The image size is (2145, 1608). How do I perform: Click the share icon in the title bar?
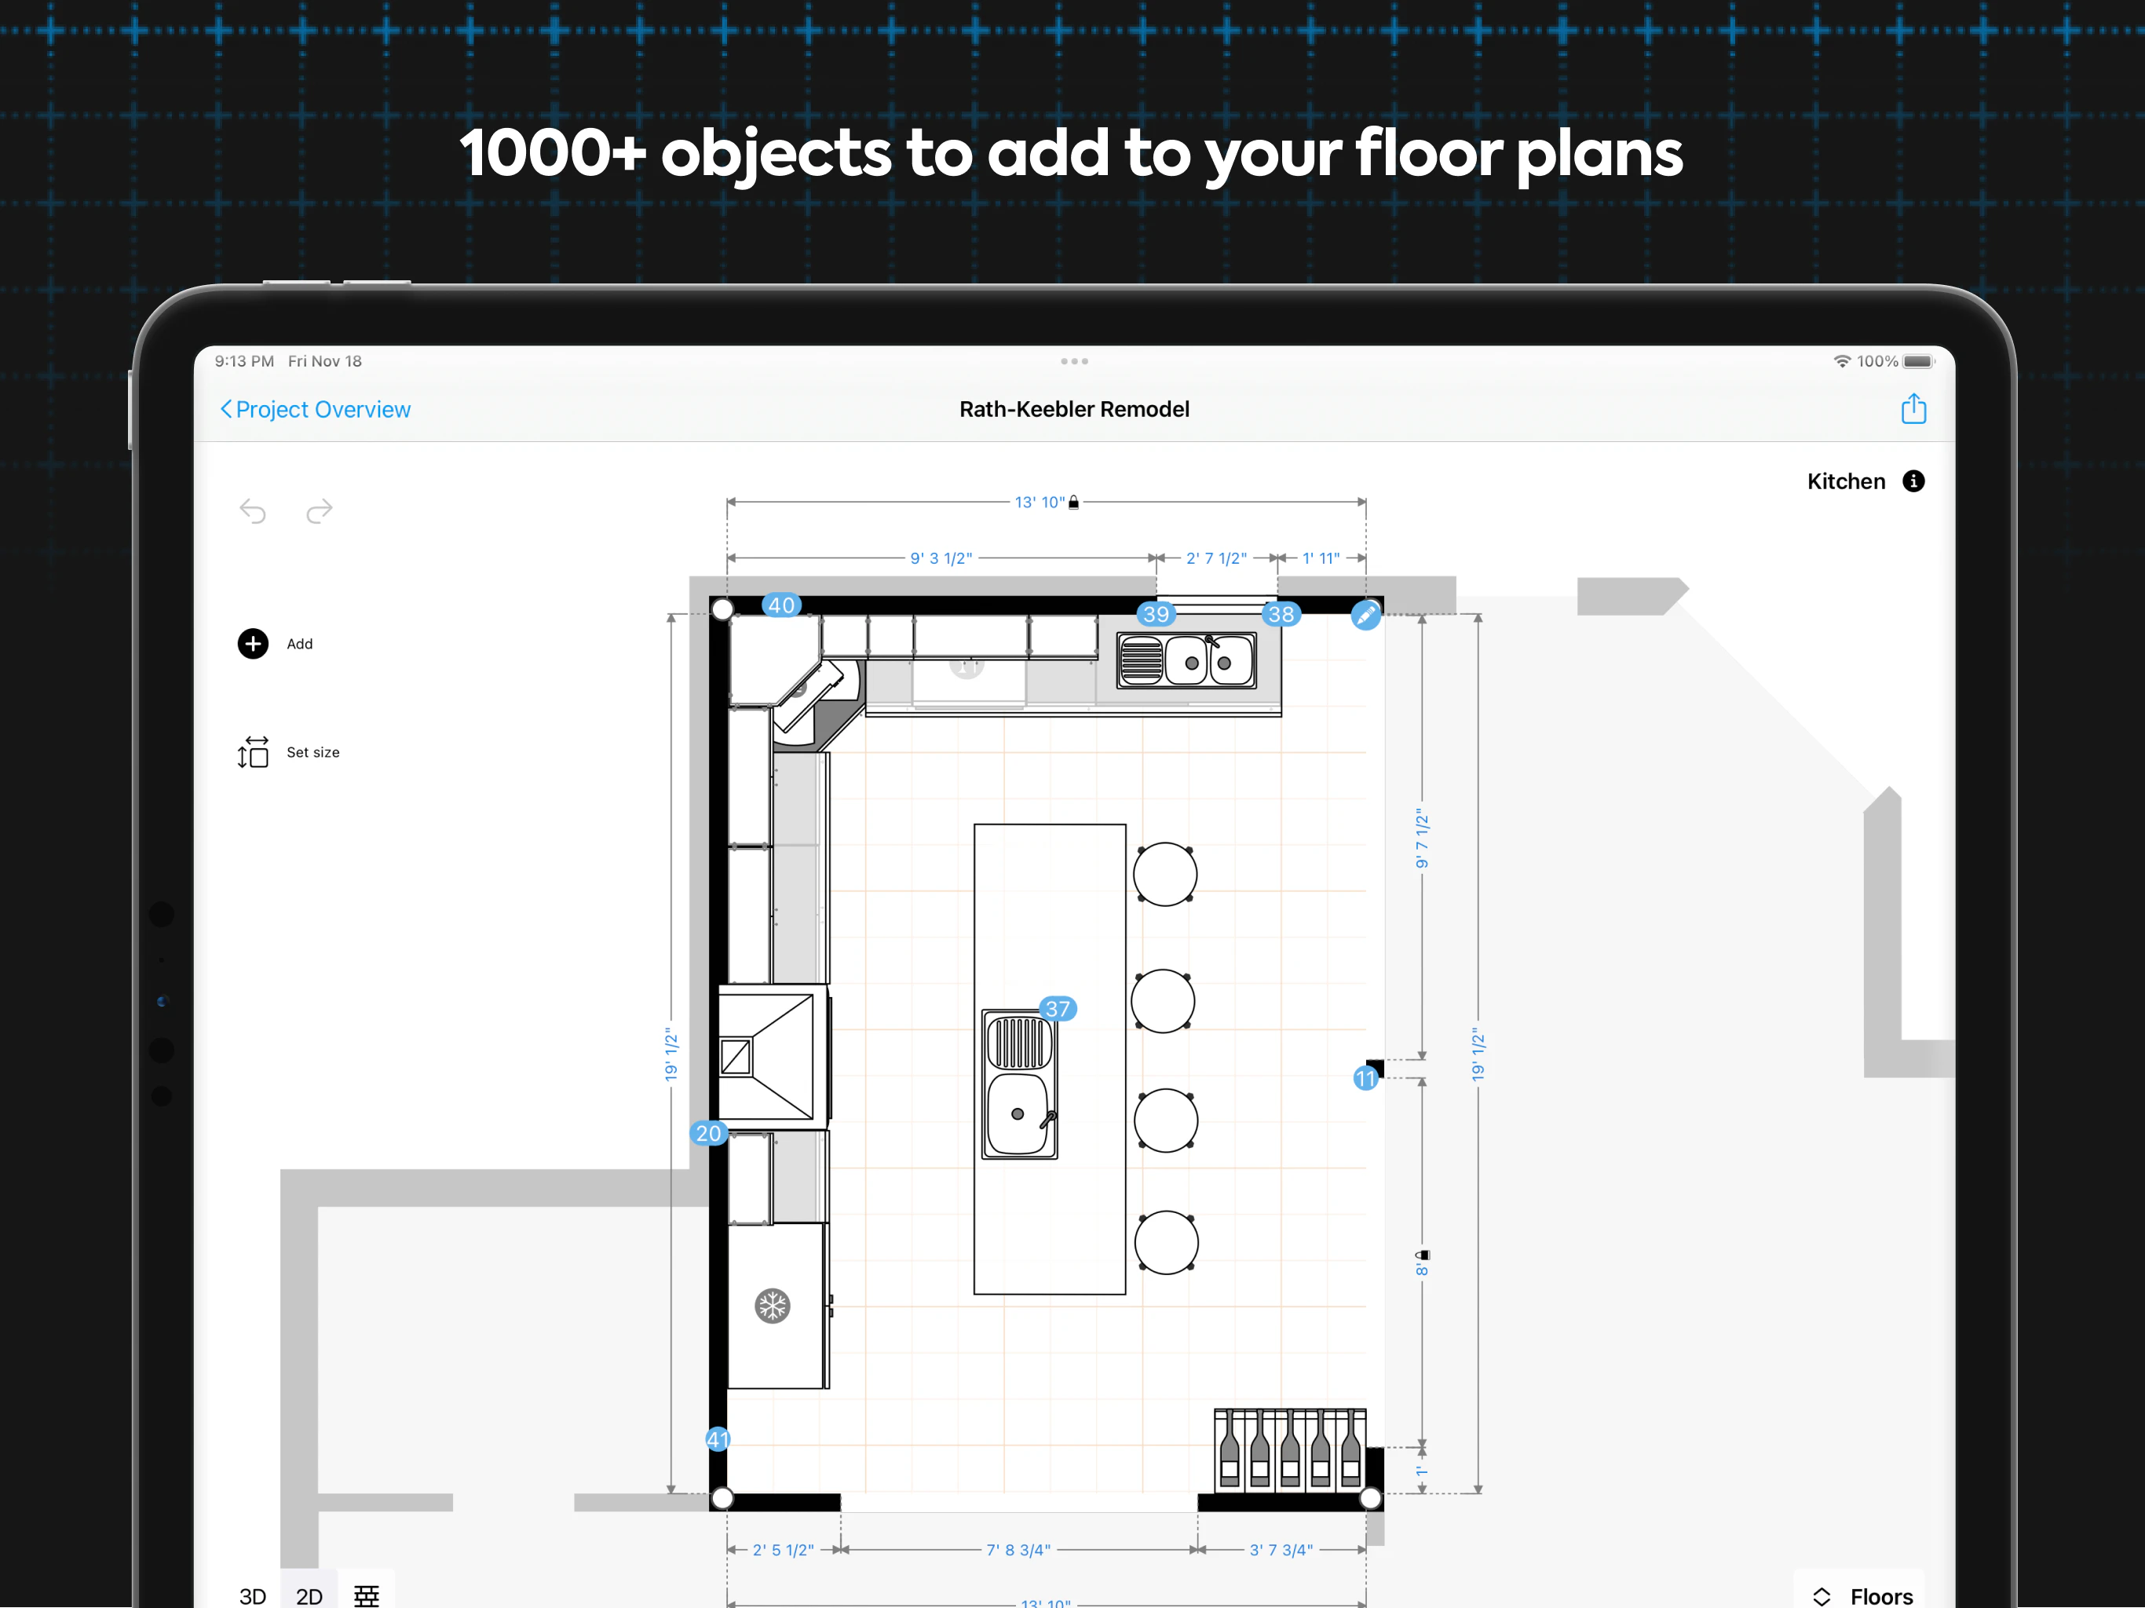[1913, 409]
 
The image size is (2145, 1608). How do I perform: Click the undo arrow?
[253, 511]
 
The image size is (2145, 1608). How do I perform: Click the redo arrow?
[319, 511]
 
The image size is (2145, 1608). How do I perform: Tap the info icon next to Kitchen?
[1913, 482]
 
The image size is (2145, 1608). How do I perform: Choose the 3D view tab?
[252, 1595]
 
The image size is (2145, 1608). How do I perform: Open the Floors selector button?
[1862, 1595]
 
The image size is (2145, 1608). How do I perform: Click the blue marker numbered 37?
[1057, 1009]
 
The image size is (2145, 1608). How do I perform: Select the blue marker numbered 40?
[781, 605]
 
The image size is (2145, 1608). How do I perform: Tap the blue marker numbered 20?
[708, 1133]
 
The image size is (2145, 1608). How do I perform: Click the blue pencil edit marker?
[1365, 615]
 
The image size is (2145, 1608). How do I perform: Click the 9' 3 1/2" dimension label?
[941, 558]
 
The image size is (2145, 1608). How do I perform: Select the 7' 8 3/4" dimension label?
[1018, 1550]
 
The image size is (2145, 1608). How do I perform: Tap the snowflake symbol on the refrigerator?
[773, 1306]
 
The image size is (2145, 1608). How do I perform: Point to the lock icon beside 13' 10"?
[1073, 502]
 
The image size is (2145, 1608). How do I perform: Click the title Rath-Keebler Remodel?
[1073, 409]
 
